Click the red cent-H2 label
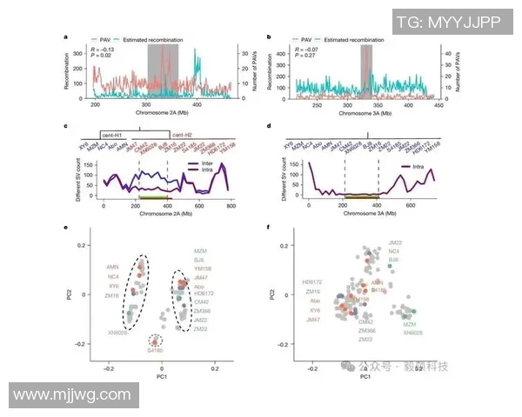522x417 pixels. (x=182, y=136)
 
